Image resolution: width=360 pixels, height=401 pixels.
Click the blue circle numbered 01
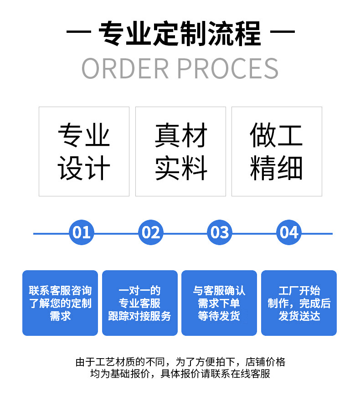[x=82, y=232]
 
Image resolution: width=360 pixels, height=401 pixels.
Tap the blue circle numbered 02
[x=151, y=232]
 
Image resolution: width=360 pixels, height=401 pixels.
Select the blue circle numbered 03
[x=220, y=232]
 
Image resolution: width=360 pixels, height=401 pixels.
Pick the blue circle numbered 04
[x=289, y=232]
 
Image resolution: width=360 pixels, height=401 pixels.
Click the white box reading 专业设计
[x=84, y=152]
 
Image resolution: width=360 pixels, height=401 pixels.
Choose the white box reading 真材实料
[x=180, y=152]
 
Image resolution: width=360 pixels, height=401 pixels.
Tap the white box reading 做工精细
[x=277, y=152]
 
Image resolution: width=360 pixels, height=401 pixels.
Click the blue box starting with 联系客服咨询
[x=60, y=303]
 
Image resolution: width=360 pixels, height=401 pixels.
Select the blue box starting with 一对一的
[x=139, y=303]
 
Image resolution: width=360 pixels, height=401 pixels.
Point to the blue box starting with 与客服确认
[x=219, y=303]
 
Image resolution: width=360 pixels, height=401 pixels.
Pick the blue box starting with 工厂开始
[x=299, y=303]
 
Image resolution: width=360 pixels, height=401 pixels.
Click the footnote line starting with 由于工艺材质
[x=180, y=362]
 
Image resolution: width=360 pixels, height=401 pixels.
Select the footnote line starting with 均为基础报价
[x=180, y=374]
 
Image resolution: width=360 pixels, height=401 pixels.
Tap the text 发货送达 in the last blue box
[x=299, y=316]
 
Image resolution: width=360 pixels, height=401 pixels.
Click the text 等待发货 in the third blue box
[x=219, y=316]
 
